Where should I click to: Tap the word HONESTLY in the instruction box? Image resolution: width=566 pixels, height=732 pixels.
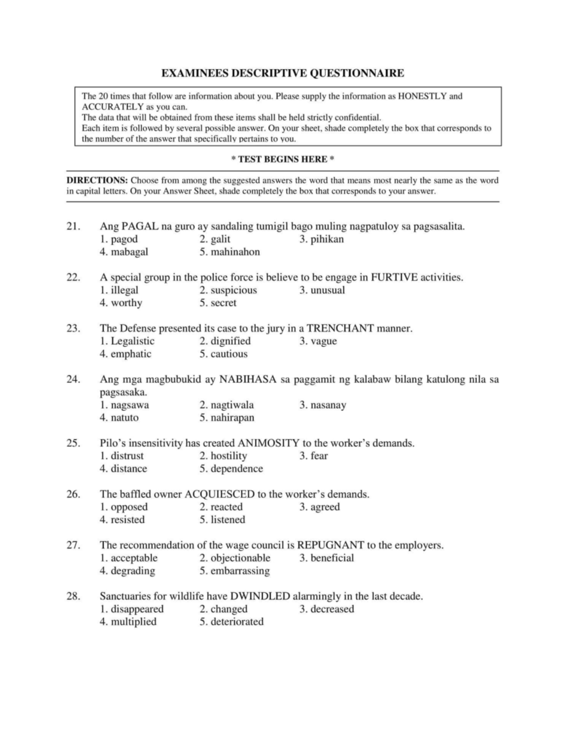[x=422, y=96]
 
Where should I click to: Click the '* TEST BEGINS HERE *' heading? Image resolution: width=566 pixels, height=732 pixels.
[x=283, y=159]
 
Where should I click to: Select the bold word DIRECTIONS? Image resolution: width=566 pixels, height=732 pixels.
[x=97, y=181]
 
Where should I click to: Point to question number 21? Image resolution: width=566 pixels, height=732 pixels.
[x=73, y=226]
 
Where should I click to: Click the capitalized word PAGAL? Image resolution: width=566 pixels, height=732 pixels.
[x=140, y=226]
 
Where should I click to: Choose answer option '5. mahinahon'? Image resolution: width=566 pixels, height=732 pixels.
[x=229, y=252]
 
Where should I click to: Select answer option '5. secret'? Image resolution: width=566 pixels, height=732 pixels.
[x=217, y=303]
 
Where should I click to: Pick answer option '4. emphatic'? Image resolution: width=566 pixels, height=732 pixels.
[x=125, y=354]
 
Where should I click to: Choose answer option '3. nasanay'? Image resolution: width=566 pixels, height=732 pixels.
[x=323, y=405]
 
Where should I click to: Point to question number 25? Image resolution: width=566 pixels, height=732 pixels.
[x=73, y=443]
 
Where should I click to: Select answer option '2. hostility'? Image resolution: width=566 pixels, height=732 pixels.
[x=223, y=456]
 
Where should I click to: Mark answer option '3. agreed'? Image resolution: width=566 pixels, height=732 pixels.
[x=319, y=507]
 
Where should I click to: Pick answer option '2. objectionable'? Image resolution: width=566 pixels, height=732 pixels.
[x=235, y=558]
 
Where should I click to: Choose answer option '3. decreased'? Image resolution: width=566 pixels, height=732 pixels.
[x=326, y=609]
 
